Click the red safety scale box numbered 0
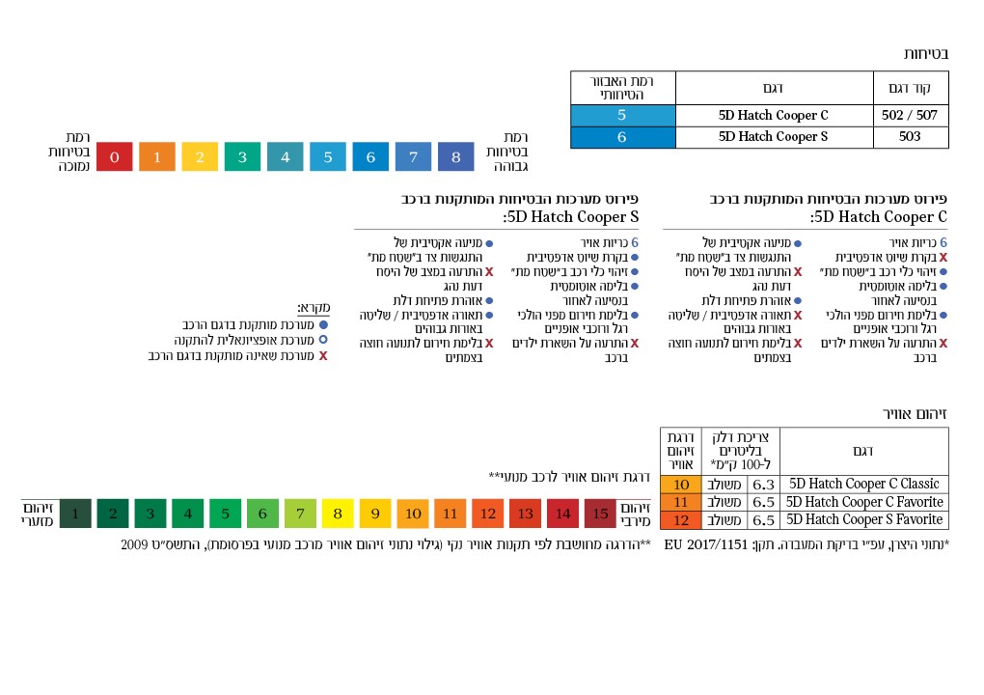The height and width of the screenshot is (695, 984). (x=115, y=156)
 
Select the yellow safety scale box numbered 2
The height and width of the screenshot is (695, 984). (x=200, y=156)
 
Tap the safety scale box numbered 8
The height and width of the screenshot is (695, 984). (x=455, y=156)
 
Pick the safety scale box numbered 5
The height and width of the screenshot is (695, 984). (x=328, y=156)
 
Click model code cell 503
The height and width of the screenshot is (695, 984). (x=910, y=137)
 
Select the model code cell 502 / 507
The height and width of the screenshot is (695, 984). (x=910, y=115)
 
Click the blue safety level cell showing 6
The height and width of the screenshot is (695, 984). (x=622, y=137)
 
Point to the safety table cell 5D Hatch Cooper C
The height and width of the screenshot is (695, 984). (x=774, y=115)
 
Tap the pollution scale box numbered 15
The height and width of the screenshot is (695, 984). (x=600, y=514)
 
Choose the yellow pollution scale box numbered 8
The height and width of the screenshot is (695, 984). (x=338, y=514)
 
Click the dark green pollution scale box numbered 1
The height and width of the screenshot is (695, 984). (x=75, y=514)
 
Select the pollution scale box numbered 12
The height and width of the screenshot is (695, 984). (x=488, y=514)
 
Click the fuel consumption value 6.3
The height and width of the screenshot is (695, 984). (x=763, y=484)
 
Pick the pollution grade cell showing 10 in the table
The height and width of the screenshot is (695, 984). (x=681, y=484)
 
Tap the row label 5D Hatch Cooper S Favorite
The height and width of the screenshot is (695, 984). (x=863, y=519)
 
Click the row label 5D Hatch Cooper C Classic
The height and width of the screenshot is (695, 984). (x=863, y=484)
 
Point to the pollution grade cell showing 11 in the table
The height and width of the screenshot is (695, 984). (x=681, y=502)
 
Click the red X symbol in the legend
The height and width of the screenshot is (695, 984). (x=323, y=356)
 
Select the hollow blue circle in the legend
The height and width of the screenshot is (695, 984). (x=323, y=340)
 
